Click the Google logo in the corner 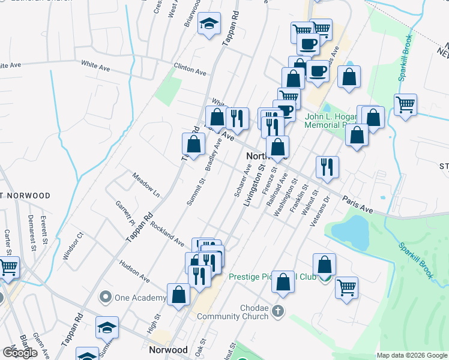point(20,353)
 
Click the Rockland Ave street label point(167,234)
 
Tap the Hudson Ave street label point(134,271)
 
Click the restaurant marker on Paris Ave point(327,166)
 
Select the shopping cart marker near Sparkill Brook point(406,104)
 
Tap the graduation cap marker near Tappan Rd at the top point(209,24)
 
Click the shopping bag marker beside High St point(178,294)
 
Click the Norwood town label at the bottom point(168,349)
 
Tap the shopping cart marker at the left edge point(8,267)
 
